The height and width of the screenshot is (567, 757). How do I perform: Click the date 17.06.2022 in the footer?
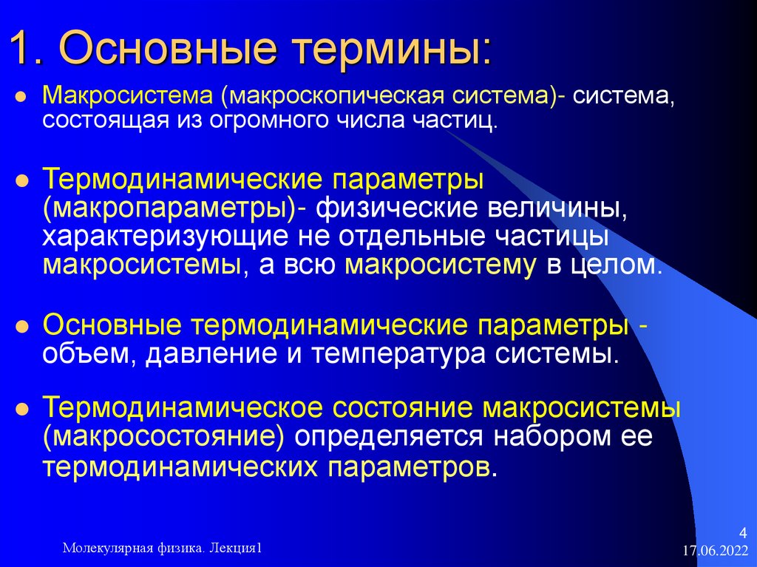pyautogui.click(x=715, y=551)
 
